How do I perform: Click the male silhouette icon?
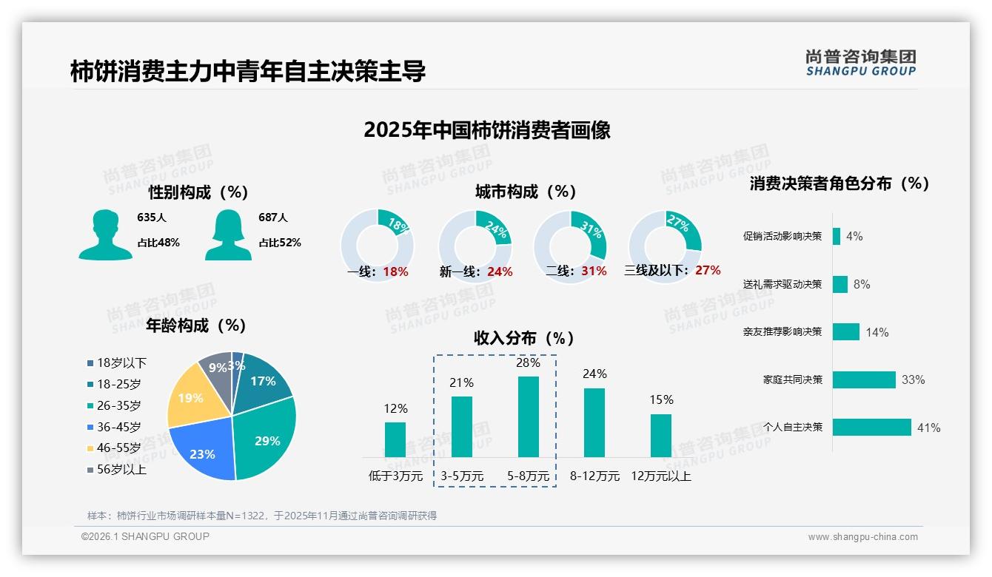pyautogui.click(x=105, y=235)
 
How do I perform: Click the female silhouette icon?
pyautogui.click(x=228, y=235)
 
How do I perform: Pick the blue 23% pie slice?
pyautogui.click(x=204, y=453)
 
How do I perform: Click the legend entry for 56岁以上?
pyautogui.click(x=121, y=469)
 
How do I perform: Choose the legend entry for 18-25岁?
pyautogui.click(x=118, y=384)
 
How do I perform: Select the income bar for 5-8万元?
pyautogui.click(x=528, y=416)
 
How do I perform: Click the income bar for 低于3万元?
pyautogui.click(x=395, y=439)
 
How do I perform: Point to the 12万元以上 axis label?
pyautogui.click(x=660, y=476)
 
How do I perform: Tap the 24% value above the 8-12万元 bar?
pyautogui.click(x=594, y=374)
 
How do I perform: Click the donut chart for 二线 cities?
pyautogui.click(x=570, y=246)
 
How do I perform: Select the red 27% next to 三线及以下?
pyautogui.click(x=708, y=271)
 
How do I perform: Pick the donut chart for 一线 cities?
pyautogui.click(x=377, y=246)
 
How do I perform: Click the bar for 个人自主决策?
pyautogui.click(x=871, y=428)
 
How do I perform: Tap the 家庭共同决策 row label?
pyautogui.click(x=792, y=379)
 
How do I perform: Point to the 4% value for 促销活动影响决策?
pyautogui.click(x=854, y=237)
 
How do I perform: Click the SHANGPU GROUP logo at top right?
pyautogui.click(x=860, y=63)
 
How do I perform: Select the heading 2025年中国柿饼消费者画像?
pyautogui.click(x=487, y=130)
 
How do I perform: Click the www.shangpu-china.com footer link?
pyautogui.click(x=862, y=537)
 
